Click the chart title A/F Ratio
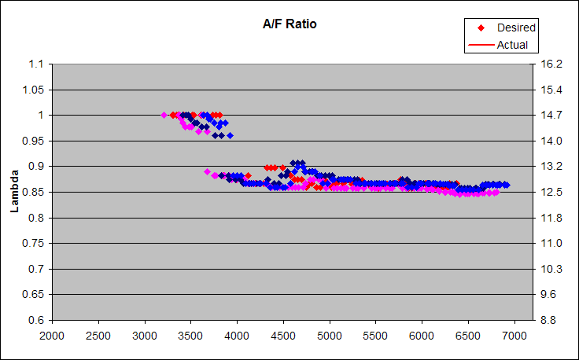(x=289, y=24)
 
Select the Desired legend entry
(x=516, y=28)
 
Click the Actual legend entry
(x=512, y=45)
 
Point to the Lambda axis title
(x=13, y=192)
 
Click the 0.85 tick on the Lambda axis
(x=35, y=192)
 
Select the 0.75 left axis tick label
(x=35, y=243)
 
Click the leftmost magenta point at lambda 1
(x=164, y=115)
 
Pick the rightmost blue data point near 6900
(x=506, y=185)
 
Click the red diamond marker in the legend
(x=481, y=28)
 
